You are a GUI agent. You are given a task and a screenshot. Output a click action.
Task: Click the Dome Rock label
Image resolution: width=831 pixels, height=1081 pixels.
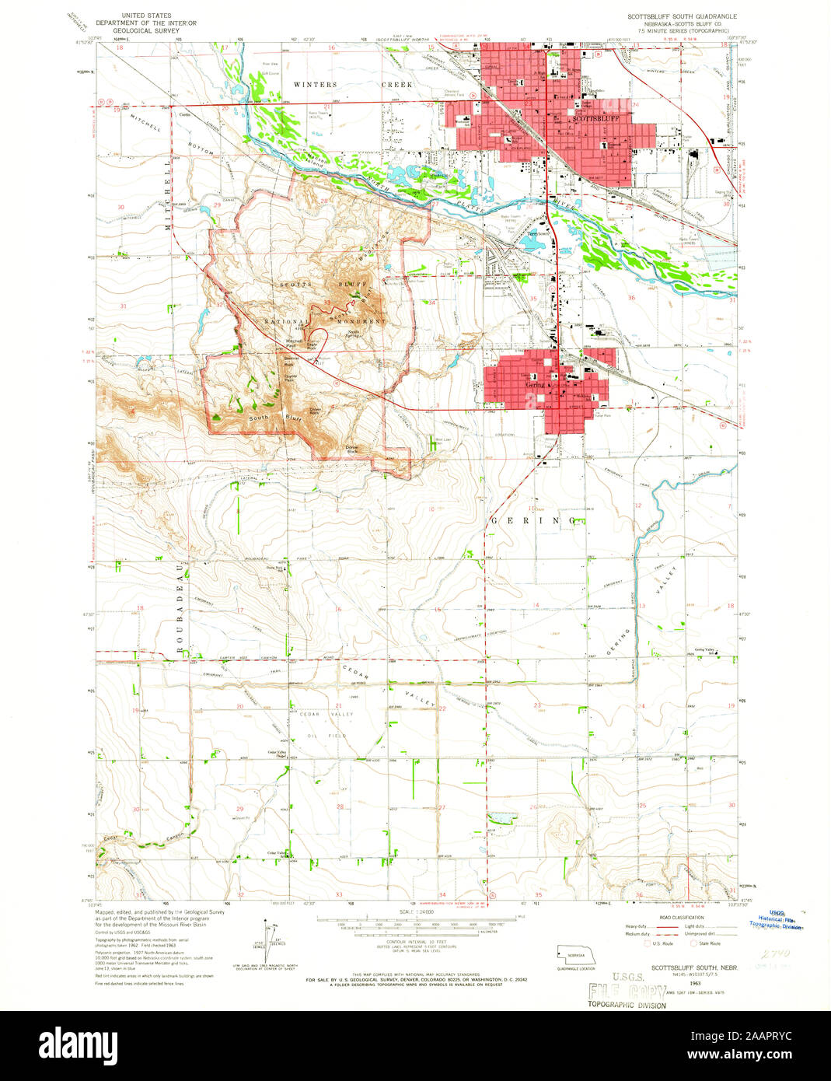(x=351, y=448)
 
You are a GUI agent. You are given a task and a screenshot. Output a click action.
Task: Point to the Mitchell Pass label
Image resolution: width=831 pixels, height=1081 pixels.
(x=294, y=341)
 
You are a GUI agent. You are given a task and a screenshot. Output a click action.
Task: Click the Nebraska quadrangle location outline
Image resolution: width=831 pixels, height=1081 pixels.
(x=576, y=953)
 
